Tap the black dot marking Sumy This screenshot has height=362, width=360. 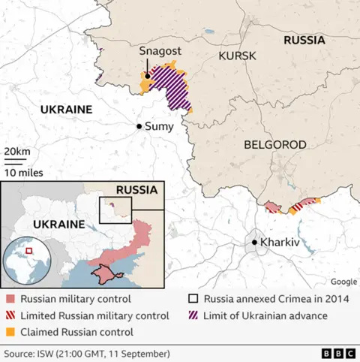(x=139, y=126)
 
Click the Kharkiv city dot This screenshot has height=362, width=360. (x=254, y=242)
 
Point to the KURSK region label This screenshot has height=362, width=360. (x=237, y=56)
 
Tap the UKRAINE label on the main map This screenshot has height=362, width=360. (x=66, y=110)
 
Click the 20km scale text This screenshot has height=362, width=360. (x=17, y=152)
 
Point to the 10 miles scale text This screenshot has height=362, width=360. (x=22, y=172)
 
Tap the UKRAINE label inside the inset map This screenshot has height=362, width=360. (x=55, y=225)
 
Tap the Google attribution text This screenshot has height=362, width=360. (x=343, y=282)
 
